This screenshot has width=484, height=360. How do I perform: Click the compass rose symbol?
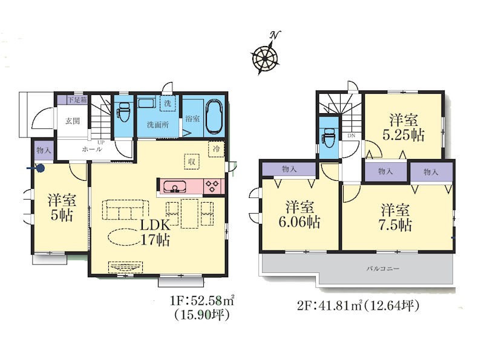pyautogui.click(x=266, y=57)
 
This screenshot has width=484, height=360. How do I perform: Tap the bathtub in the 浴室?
pyautogui.click(x=214, y=117)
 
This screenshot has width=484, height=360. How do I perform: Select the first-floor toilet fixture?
pyautogui.click(x=124, y=112)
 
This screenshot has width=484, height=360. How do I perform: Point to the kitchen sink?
pyautogui.click(x=175, y=187)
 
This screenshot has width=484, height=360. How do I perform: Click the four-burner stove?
pyautogui.click(x=212, y=186)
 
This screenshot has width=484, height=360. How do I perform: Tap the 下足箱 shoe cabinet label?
pyautogui.click(x=77, y=100)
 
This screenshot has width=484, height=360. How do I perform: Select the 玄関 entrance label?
pyautogui.click(x=73, y=121)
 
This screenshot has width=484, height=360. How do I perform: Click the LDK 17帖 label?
pyautogui.click(x=155, y=232)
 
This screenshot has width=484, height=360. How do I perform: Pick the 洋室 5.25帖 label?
pyautogui.click(x=404, y=127)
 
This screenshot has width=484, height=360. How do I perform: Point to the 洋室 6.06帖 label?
pyautogui.click(x=299, y=214)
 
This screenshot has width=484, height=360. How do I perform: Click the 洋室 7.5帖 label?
pyautogui.click(x=395, y=217)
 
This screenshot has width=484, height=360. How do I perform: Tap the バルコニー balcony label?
pyautogui.click(x=383, y=269)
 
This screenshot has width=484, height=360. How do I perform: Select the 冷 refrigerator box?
pyautogui.click(x=217, y=149)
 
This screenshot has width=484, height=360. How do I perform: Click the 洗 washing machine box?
pyautogui.click(x=168, y=103)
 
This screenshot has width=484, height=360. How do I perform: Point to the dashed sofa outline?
pyautogui.click(x=125, y=209)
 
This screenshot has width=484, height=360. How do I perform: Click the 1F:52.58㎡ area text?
pyautogui.click(x=201, y=300)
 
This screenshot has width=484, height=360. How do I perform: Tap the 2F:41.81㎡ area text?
pyautogui.click(x=330, y=306)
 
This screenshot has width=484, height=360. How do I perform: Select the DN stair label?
pyautogui.click(x=352, y=136)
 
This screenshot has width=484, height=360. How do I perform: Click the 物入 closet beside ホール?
pyautogui.click(x=44, y=151)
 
